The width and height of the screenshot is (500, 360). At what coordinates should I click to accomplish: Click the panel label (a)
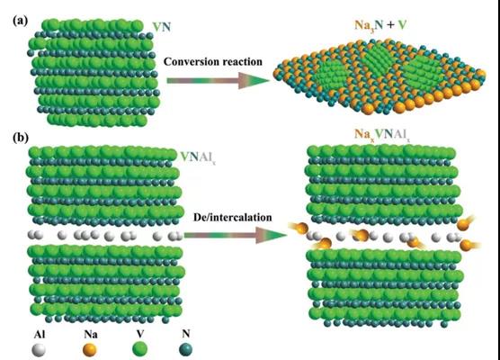pyautogui.click(x=21, y=21)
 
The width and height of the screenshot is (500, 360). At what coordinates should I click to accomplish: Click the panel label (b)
pyautogui.click(x=21, y=138)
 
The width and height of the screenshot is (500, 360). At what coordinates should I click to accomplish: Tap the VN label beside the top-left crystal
pyautogui.click(x=162, y=27)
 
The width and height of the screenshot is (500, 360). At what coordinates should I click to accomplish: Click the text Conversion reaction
pyautogui.click(x=213, y=61)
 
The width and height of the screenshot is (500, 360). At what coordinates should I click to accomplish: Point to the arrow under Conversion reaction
pyautogui.click(x=219, y=81)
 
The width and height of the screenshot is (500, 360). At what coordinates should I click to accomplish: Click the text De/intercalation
pyautogui.click(x=232, y=217)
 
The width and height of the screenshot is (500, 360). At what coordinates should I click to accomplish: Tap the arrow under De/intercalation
pyautogui.click(x=236, y=236)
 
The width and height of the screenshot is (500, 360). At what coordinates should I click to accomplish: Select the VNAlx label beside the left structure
pyautogui.click(x=199, y=157)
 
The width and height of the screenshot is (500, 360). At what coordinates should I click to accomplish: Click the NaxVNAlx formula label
pyautogui.click(x=381, y=134)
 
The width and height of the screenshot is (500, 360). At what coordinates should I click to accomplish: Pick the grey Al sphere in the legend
pyautogui.click(x=39, y=350)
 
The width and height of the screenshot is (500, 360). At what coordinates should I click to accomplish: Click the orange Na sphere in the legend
pyautogui.click(x=90, y=350)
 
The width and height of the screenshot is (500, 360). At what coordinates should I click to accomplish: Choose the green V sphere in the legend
pyautogui.click(x=140, y=349)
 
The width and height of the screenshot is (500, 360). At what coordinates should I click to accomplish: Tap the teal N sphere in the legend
pyautogui.click(x=186, y=349)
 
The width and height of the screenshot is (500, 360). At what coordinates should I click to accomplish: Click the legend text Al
pyautogui.click(x=40, y=334)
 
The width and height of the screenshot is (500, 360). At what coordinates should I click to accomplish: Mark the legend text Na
pyautogui.click(x=91, y=334)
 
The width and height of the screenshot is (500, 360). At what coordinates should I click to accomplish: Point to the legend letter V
pyautogui.click(x=140, y=334)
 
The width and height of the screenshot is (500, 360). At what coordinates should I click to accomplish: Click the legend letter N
pyautogui.click(x=186, y=334)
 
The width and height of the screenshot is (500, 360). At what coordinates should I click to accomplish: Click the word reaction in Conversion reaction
pyautogui.click(x=242, y=61)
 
